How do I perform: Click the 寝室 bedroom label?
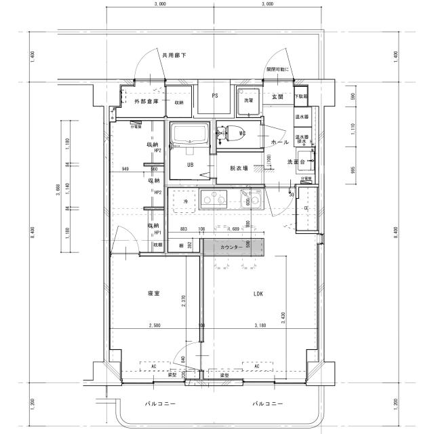click(x=154, y=294)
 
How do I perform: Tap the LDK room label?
click(x=258, y=294)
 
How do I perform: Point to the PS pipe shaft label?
click(x=215, y=96)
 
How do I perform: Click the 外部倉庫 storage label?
click(x=145, y=102)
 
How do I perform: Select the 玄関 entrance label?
click(x=277, y=98)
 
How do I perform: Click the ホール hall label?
click(x=280, y=143)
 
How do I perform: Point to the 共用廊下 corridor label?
click(x=174, y=54)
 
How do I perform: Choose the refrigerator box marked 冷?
click(x=183, y=201)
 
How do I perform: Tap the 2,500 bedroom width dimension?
click(x=155, y=326)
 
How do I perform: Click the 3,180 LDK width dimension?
click(x=259, y=326)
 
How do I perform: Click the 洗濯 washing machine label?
click(x=249, y=100)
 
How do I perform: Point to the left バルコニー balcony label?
click(x=161, y=403)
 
